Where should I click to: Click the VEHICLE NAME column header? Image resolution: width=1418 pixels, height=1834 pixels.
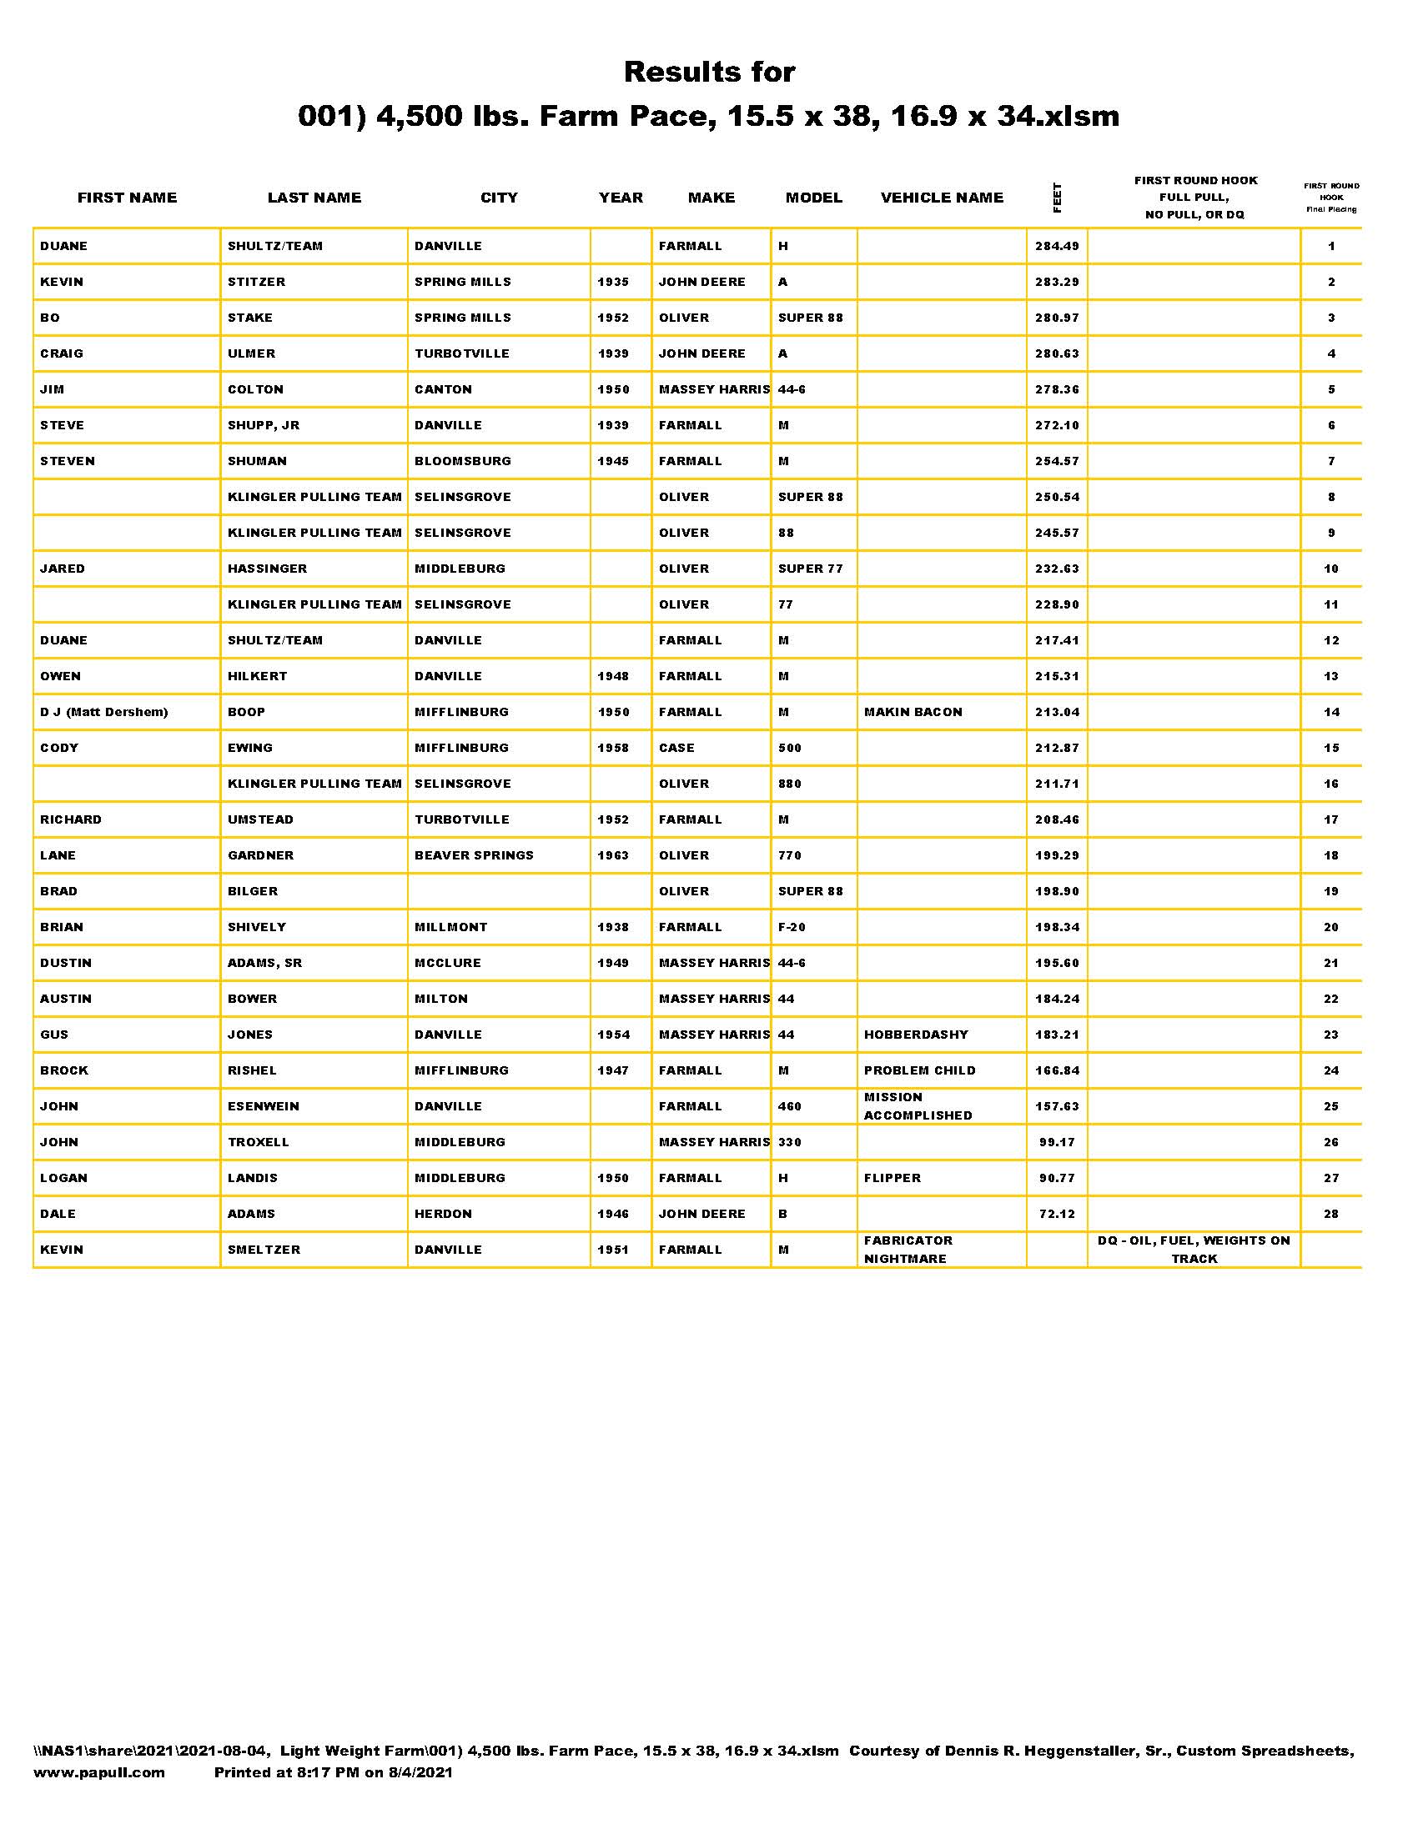(942, 198)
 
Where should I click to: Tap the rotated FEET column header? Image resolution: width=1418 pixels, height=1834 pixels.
(1057, 198)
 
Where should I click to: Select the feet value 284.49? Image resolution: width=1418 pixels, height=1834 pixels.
(1057, 246)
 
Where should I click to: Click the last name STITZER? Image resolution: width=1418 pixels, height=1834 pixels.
(256, 282)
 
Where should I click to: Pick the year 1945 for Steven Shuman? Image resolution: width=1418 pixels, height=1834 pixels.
(613, 461)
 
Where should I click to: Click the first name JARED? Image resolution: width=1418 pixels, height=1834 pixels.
(63, 569)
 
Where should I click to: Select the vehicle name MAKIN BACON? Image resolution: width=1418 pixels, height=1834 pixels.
(913, 712)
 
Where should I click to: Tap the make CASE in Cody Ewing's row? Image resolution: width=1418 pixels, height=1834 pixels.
(676, 749)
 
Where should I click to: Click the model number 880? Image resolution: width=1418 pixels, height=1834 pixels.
(790, 784)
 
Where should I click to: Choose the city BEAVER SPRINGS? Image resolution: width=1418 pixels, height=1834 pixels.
(474, 855)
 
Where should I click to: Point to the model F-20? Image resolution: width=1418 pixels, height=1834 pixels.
(792, 927)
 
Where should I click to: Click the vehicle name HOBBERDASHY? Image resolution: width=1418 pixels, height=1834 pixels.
(916, 1035)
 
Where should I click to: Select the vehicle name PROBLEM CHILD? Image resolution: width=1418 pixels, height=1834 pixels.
(920, 1070)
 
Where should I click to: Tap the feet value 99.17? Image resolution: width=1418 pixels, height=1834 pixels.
(1057, 1142)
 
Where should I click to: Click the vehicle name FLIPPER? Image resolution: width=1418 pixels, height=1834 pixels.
(893, 1178)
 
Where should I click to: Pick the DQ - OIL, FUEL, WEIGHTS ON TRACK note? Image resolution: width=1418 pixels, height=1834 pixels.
(1194, 1250)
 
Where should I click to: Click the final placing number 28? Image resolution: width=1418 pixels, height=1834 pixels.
(1331, 1215)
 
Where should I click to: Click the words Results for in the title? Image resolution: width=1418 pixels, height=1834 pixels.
(709, 73)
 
